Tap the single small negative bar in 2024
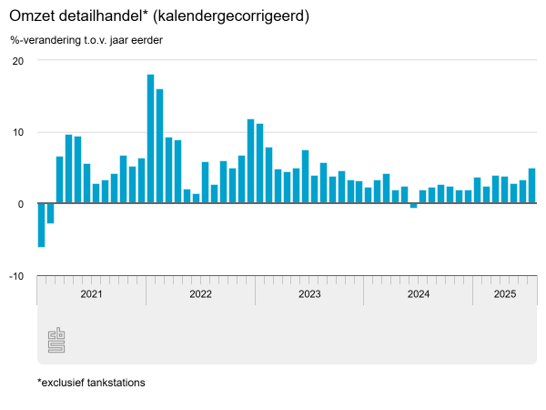pos(414,206)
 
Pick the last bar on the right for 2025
pos(532,186)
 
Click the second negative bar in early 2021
pos(50,213)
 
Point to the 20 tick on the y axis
pos(17,61)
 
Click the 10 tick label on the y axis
pos(17,132)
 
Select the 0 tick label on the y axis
pos(20,204)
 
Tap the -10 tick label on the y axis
pos(15,276)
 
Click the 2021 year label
pos(91,294)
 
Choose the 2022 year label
pos(200,294)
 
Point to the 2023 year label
pos(309,294)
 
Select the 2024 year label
pos(419,294)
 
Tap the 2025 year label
pos(505,294)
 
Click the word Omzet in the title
pos(32,17)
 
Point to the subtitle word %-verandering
pos(45,40)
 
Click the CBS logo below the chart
pos(56,342)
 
